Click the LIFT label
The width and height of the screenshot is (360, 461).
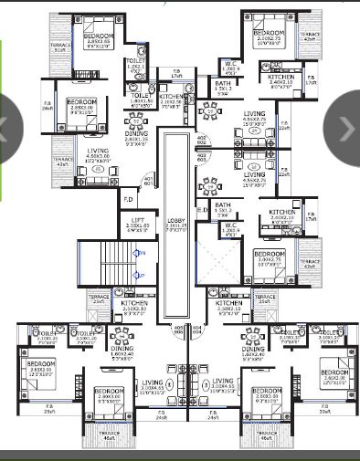[x=135, y=220]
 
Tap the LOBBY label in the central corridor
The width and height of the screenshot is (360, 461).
[x=175, y=220]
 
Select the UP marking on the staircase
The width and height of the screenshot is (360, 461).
[x=139, y=274]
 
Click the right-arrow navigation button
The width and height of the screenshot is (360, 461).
[x=346, y=129]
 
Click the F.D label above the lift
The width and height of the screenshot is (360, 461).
[x=128, y=198]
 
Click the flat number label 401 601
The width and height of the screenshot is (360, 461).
[x=148, y=179]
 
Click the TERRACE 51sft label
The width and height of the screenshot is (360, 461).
[x=60, y=47]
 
